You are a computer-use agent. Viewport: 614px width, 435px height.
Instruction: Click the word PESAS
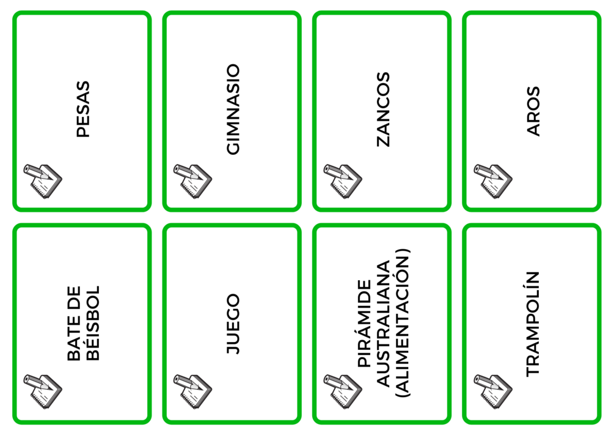pos(83,109)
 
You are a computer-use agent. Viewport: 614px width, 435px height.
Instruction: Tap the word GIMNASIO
pos(233,109)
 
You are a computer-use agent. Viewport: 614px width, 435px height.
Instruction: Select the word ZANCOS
pos(383,110)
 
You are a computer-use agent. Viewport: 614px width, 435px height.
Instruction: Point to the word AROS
pos(533,111)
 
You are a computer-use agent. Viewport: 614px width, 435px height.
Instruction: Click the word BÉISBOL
pos(93,323)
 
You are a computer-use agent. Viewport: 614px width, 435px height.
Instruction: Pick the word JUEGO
pos(233,324)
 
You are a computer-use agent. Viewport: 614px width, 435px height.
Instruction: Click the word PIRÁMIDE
pos(365,324)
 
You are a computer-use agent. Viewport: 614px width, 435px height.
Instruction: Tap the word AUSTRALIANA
pos(383,324)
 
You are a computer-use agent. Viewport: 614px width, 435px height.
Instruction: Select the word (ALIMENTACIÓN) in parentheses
pos(402,324)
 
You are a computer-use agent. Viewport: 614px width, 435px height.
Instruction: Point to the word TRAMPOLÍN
pos(533,324)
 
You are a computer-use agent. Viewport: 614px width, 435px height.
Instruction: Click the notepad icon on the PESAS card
pos(43,181)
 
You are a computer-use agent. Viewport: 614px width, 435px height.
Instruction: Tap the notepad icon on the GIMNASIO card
pos(192,181)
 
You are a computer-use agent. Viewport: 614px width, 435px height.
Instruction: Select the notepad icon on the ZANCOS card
pos(343,181)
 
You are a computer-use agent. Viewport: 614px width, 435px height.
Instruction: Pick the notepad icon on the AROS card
pos(493,181)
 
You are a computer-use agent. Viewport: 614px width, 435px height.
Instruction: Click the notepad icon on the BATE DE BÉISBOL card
pos(43,392)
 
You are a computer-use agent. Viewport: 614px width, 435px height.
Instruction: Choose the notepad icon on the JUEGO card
pos(192,392)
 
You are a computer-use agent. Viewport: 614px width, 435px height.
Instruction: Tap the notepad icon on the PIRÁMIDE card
pos(343,392)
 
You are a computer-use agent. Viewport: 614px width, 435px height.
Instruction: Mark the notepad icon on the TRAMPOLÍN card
pos(493,392)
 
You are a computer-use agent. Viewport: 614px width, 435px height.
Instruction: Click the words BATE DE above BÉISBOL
pos(74,323)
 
